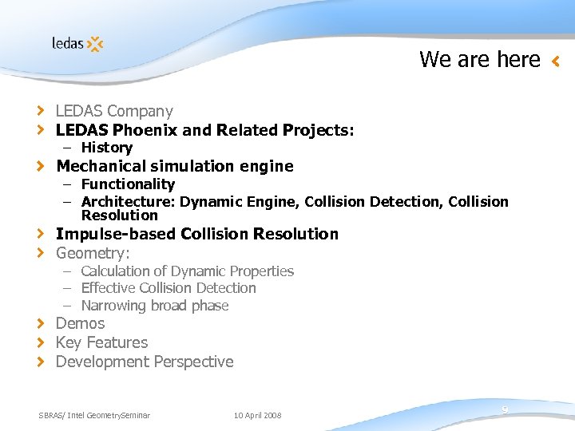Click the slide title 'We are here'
(479, 59)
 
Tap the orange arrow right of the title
(556, 60)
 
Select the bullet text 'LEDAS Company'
(114, 111)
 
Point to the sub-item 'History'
(106, 148)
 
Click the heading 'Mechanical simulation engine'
(174, 166)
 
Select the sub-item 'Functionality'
(128, 184)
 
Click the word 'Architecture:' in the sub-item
(128, 201)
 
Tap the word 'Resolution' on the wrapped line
(120, 215)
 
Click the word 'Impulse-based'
(116, 234)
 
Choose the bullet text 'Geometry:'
(93, 253)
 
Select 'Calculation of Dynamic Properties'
(187, 271)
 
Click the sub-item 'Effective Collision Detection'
(169, 288)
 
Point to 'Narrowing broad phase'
(155, 306)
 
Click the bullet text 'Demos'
(80, 323)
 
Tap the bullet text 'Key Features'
(101, 342)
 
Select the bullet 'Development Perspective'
(145, 362)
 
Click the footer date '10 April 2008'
(257, 415)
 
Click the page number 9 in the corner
(505, 409)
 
